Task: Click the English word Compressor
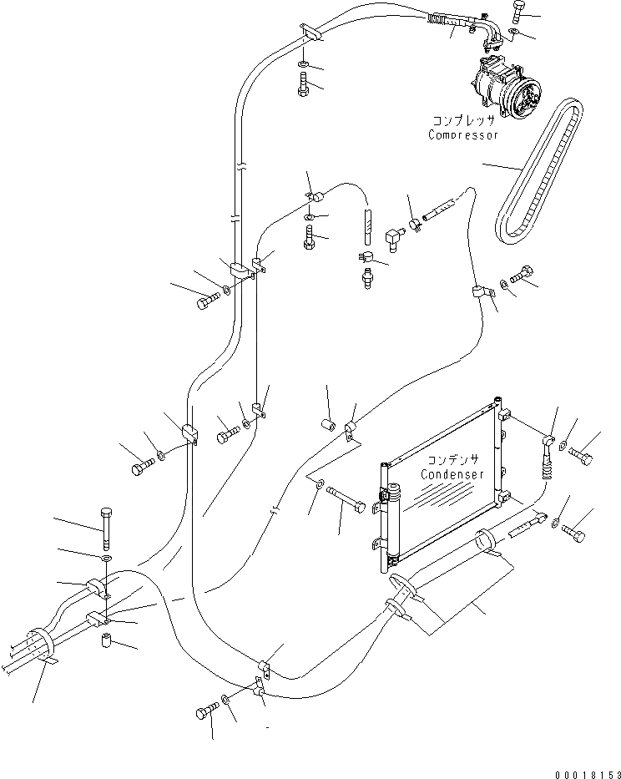463,134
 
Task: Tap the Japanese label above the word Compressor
463,120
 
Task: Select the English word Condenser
452,474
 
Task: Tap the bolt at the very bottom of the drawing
205,713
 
